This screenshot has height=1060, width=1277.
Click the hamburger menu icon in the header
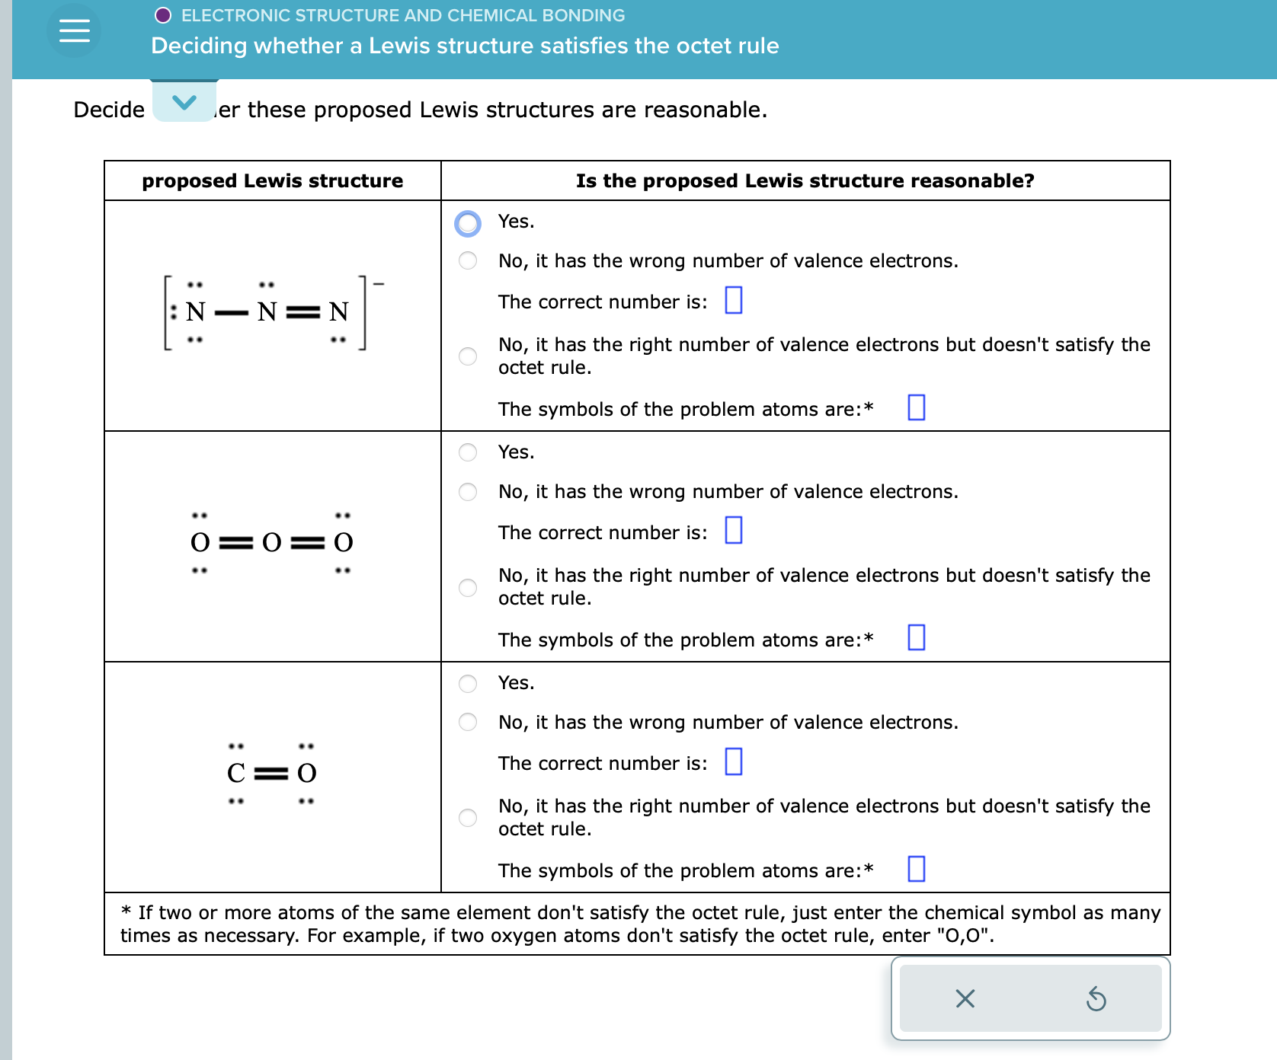tap(74, 30)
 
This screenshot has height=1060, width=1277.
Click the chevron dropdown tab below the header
tap(184, 101)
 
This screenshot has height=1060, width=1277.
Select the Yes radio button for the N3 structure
tap(468, 223)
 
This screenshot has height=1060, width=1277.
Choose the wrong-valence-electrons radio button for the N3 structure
tap(468, 261)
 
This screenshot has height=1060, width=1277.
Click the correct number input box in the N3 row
tap(733, 300)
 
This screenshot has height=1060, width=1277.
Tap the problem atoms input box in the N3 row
tap(916, 407)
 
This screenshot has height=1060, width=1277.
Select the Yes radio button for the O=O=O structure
tap(468, 452)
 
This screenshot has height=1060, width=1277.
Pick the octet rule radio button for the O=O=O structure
tap(468, 587)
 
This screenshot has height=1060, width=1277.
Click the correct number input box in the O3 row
tap(733, 530)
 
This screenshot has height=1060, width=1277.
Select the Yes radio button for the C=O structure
tap(468, 683)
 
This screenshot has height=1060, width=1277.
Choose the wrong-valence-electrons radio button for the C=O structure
tap(468, 722)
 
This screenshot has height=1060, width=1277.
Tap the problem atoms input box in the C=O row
tap(916, 869)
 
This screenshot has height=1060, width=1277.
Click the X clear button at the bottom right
tap(965, 998)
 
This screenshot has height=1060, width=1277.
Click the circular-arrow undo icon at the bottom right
tap(1096, 998)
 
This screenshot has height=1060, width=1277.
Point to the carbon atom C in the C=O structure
tap(236, 773)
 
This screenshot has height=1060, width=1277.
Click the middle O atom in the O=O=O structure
tap(271, 542)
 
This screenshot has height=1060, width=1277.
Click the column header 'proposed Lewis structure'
tap(272, 180)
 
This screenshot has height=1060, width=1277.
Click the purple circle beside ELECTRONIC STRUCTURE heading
tap(163, 15)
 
